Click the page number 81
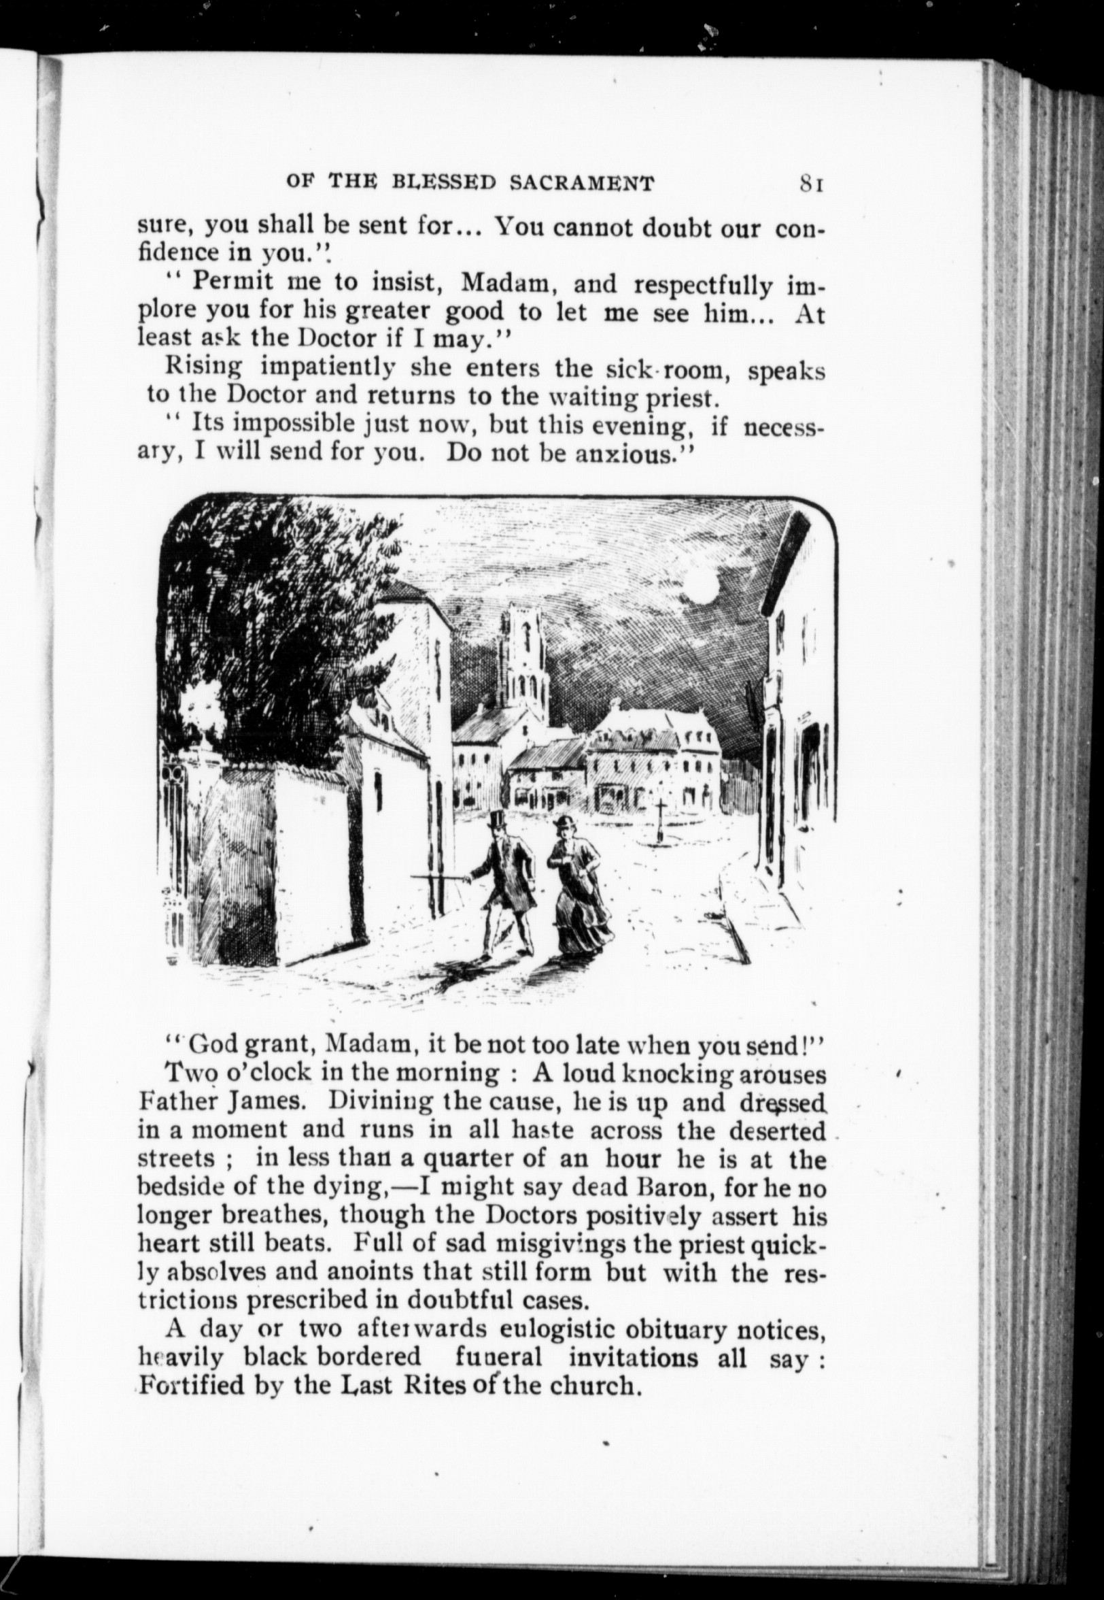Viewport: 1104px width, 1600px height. click(x=810, y=184)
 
